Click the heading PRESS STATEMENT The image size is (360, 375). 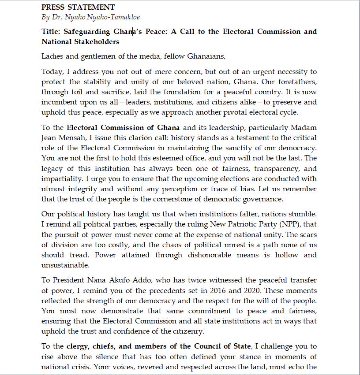click(78, 7)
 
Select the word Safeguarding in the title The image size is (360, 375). click(86, 32)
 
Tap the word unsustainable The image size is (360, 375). click(65, 265)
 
